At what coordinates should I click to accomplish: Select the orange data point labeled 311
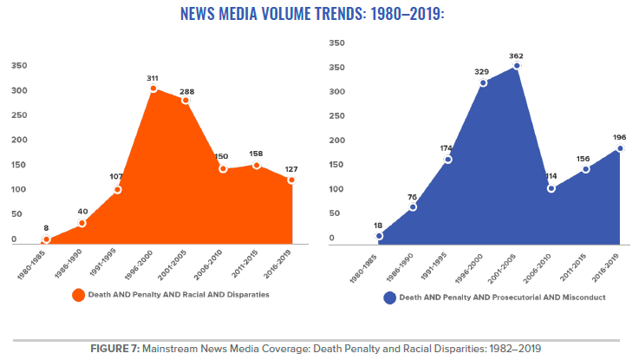pyautogui.click(x=153, y=88)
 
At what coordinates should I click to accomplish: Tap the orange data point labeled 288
pyautogui.click(x=186, y=101)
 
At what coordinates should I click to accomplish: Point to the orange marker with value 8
pyautogui.click(x=47, y=240)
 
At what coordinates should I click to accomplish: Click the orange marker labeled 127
pyautogui.click(x=292, y=180)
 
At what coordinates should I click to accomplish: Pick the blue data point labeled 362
pyautogui.click(x=517, y=66)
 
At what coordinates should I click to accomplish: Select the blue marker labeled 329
pyautogui.click(x=483, y=82)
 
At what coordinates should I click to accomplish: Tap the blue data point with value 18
pyautogui.click(x=379, y=235)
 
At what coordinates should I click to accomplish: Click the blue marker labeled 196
pyautogui.click(x=620, y=148)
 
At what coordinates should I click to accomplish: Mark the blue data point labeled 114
pyautogui.click(x=551, y=188)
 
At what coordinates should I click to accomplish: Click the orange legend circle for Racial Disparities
pyautogui.click(x=79, y=295)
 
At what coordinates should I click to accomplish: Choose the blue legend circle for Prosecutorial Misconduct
pyautogui.click(x=390, y=298)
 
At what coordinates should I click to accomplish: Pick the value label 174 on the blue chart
pyautogui.click(x=447, y=147)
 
